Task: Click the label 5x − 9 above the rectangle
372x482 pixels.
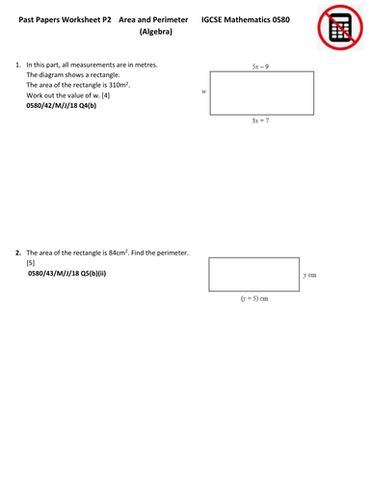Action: pos(259,67)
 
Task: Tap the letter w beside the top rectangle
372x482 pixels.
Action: pos(204,92)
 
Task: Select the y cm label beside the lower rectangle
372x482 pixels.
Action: pos(309,275)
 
